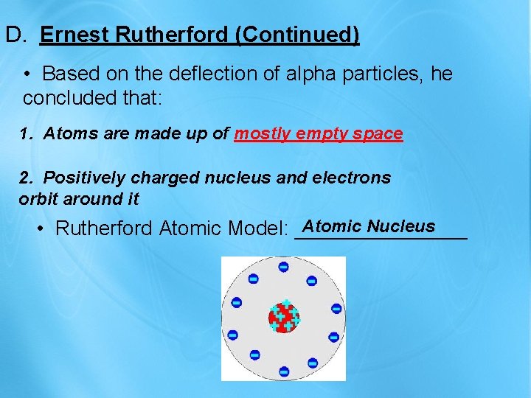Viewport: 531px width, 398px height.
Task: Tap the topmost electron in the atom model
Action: click(283, 267)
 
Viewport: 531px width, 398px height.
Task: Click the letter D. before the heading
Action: click(15, 35)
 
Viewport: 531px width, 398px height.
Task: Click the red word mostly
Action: click(262, 134)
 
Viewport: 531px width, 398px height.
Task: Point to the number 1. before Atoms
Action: click(26, 134)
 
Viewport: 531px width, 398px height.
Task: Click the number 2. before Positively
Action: click(26, 178)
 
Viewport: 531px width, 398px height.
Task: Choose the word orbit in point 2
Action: click(37, 198)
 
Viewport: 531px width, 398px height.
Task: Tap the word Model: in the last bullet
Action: click(257, 229)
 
